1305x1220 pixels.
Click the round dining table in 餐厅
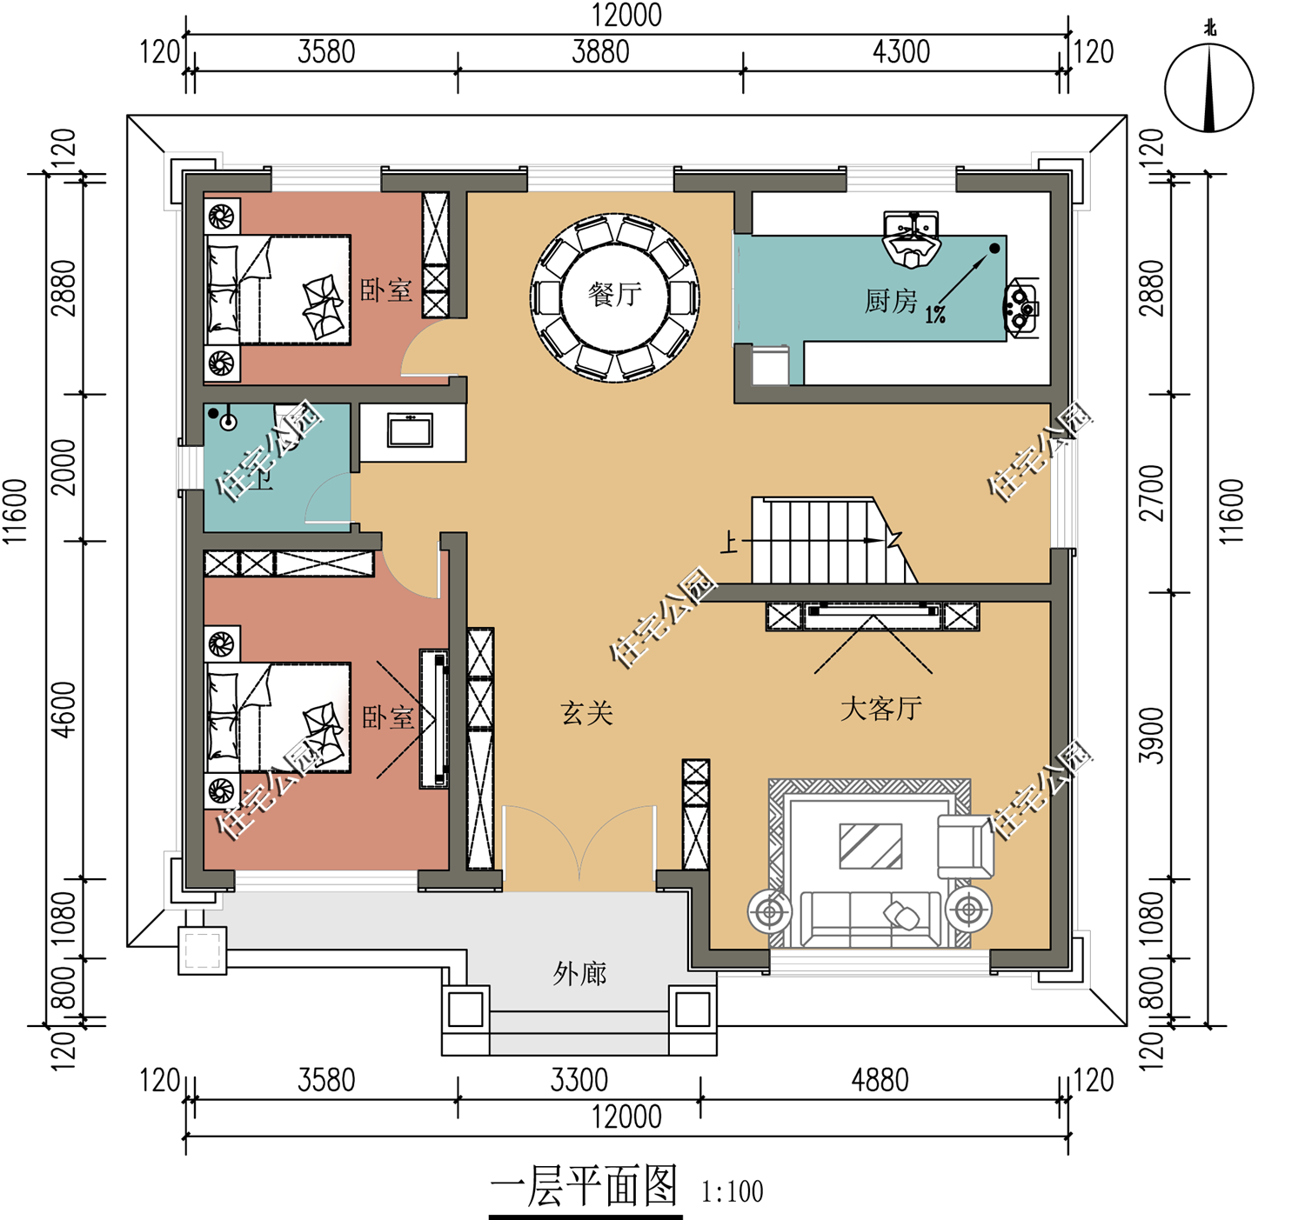614,297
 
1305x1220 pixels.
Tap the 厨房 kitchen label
890,301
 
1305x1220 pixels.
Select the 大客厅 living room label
881,709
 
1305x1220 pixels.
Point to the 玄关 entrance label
586,713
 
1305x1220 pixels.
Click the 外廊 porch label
579,974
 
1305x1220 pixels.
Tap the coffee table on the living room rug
871,846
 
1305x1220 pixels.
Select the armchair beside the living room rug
965,846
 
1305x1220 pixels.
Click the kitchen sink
911,239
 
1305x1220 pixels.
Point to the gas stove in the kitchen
1021,308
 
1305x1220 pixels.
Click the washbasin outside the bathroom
410,430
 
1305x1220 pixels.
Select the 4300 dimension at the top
900,52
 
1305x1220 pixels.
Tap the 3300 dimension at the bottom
579,1080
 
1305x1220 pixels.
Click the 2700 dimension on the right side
1151,493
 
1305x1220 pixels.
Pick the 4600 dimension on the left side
64,710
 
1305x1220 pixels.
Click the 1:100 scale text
732,1192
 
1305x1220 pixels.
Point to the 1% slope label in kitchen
935,315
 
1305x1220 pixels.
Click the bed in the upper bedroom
278,290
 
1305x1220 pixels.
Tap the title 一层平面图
584,1186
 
